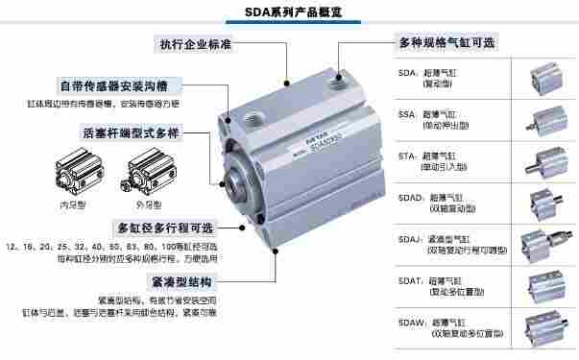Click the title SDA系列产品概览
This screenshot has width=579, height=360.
tap(289, 13)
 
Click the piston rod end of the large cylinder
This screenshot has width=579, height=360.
tap(237, 180)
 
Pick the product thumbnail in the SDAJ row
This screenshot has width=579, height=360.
tap(542, 246)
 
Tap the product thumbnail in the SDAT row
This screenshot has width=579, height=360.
tap(542, 286)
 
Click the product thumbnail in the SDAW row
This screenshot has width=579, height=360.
tap(542, 328)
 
